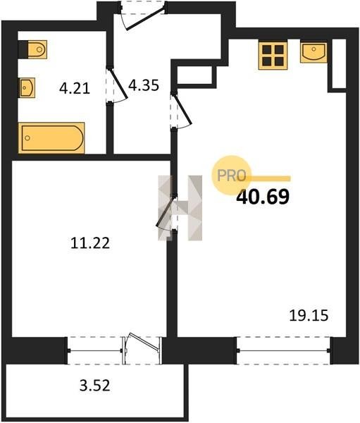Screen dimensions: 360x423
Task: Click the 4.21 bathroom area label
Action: [75, 88]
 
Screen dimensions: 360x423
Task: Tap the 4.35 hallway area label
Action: [144, 85]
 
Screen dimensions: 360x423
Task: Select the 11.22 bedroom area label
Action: [90, 243]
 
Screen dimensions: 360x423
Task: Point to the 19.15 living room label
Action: [309, 315]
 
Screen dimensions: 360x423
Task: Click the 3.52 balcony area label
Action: [95, 386]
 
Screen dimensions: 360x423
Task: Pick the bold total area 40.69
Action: [263, 197]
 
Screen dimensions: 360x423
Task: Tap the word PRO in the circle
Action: [232, 176]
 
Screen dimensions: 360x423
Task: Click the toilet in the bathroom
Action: [32, 49]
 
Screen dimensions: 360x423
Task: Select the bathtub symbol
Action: [51, 138]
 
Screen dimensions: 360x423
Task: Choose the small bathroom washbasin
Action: [27, 87]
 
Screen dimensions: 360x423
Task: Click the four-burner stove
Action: [273, 56]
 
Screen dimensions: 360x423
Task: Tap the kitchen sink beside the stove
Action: [314, 52]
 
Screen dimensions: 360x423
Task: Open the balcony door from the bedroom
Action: [142, 348]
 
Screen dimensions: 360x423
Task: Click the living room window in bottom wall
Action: [284, 350]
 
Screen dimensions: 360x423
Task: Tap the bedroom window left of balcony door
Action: [95, 350]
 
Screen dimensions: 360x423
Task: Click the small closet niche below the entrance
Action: [197, 75]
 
